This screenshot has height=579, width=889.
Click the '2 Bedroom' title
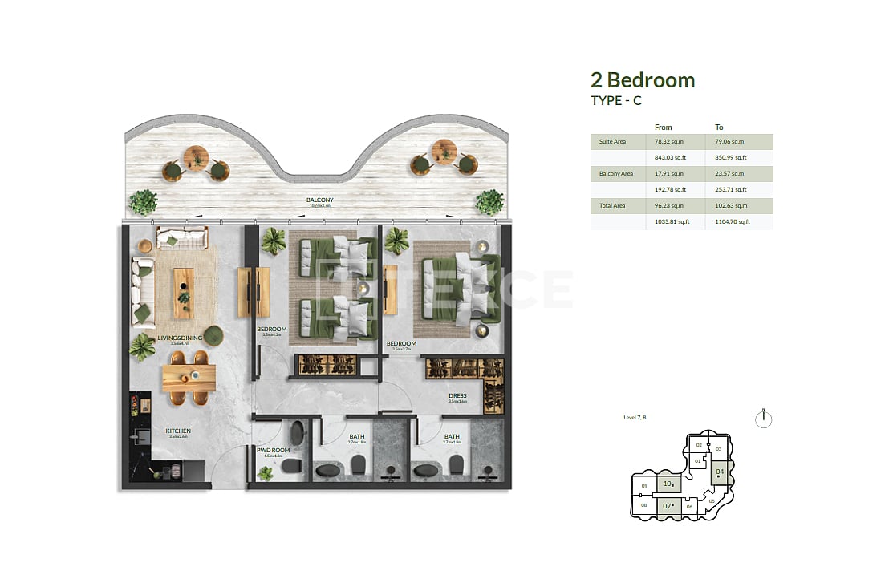pos(643,80)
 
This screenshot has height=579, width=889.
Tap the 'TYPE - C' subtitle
pos(616,101)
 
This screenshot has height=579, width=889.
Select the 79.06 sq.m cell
pos(730,142)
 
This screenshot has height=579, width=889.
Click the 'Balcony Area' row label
pos(616,174)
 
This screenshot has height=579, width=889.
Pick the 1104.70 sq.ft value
pos(733,221)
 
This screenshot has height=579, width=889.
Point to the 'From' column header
pos(664,128)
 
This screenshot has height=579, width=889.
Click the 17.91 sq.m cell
pos(671,174)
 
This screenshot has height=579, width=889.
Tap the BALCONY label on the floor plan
pos(319,200)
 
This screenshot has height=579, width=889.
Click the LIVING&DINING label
pos(180,338)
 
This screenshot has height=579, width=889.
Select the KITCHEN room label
pos(178,431)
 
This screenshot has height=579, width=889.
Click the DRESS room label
pos(457,396)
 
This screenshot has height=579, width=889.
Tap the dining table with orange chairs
pos(189,378)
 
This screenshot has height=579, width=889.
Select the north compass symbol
pos(764,419)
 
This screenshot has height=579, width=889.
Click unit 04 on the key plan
pos(720,472)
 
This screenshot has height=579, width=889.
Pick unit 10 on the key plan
pos(668,484)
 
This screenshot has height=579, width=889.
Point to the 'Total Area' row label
pos(612,206)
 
